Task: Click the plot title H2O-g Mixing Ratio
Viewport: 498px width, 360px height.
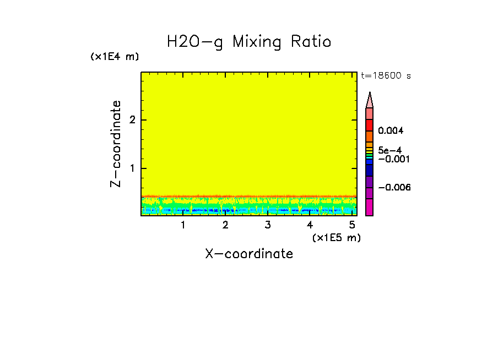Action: pos(249,42)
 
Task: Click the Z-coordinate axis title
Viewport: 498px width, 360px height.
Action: pos(116,144)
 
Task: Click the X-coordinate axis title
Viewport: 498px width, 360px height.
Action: pos(249,254)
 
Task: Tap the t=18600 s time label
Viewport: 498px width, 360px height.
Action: pos(386,76)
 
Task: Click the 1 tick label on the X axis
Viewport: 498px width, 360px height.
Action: pos(183,225)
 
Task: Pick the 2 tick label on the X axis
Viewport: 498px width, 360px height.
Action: pos(225,225)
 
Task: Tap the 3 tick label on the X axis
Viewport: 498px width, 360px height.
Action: pos(268,225)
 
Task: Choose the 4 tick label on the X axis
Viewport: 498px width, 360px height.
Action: pos(310,225)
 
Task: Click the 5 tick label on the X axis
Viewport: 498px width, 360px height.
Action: pos(352,225)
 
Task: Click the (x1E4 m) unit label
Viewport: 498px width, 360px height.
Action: pos(115,57)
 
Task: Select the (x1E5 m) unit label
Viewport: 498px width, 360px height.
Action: pos(336,237)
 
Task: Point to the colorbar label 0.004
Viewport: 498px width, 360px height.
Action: pos(391,131)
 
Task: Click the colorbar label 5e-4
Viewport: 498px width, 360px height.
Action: pos(389,150)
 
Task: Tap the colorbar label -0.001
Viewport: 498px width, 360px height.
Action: pos(392,159)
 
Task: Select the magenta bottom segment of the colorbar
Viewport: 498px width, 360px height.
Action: pos(369,207)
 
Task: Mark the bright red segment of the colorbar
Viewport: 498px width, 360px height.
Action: pos(369,125)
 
